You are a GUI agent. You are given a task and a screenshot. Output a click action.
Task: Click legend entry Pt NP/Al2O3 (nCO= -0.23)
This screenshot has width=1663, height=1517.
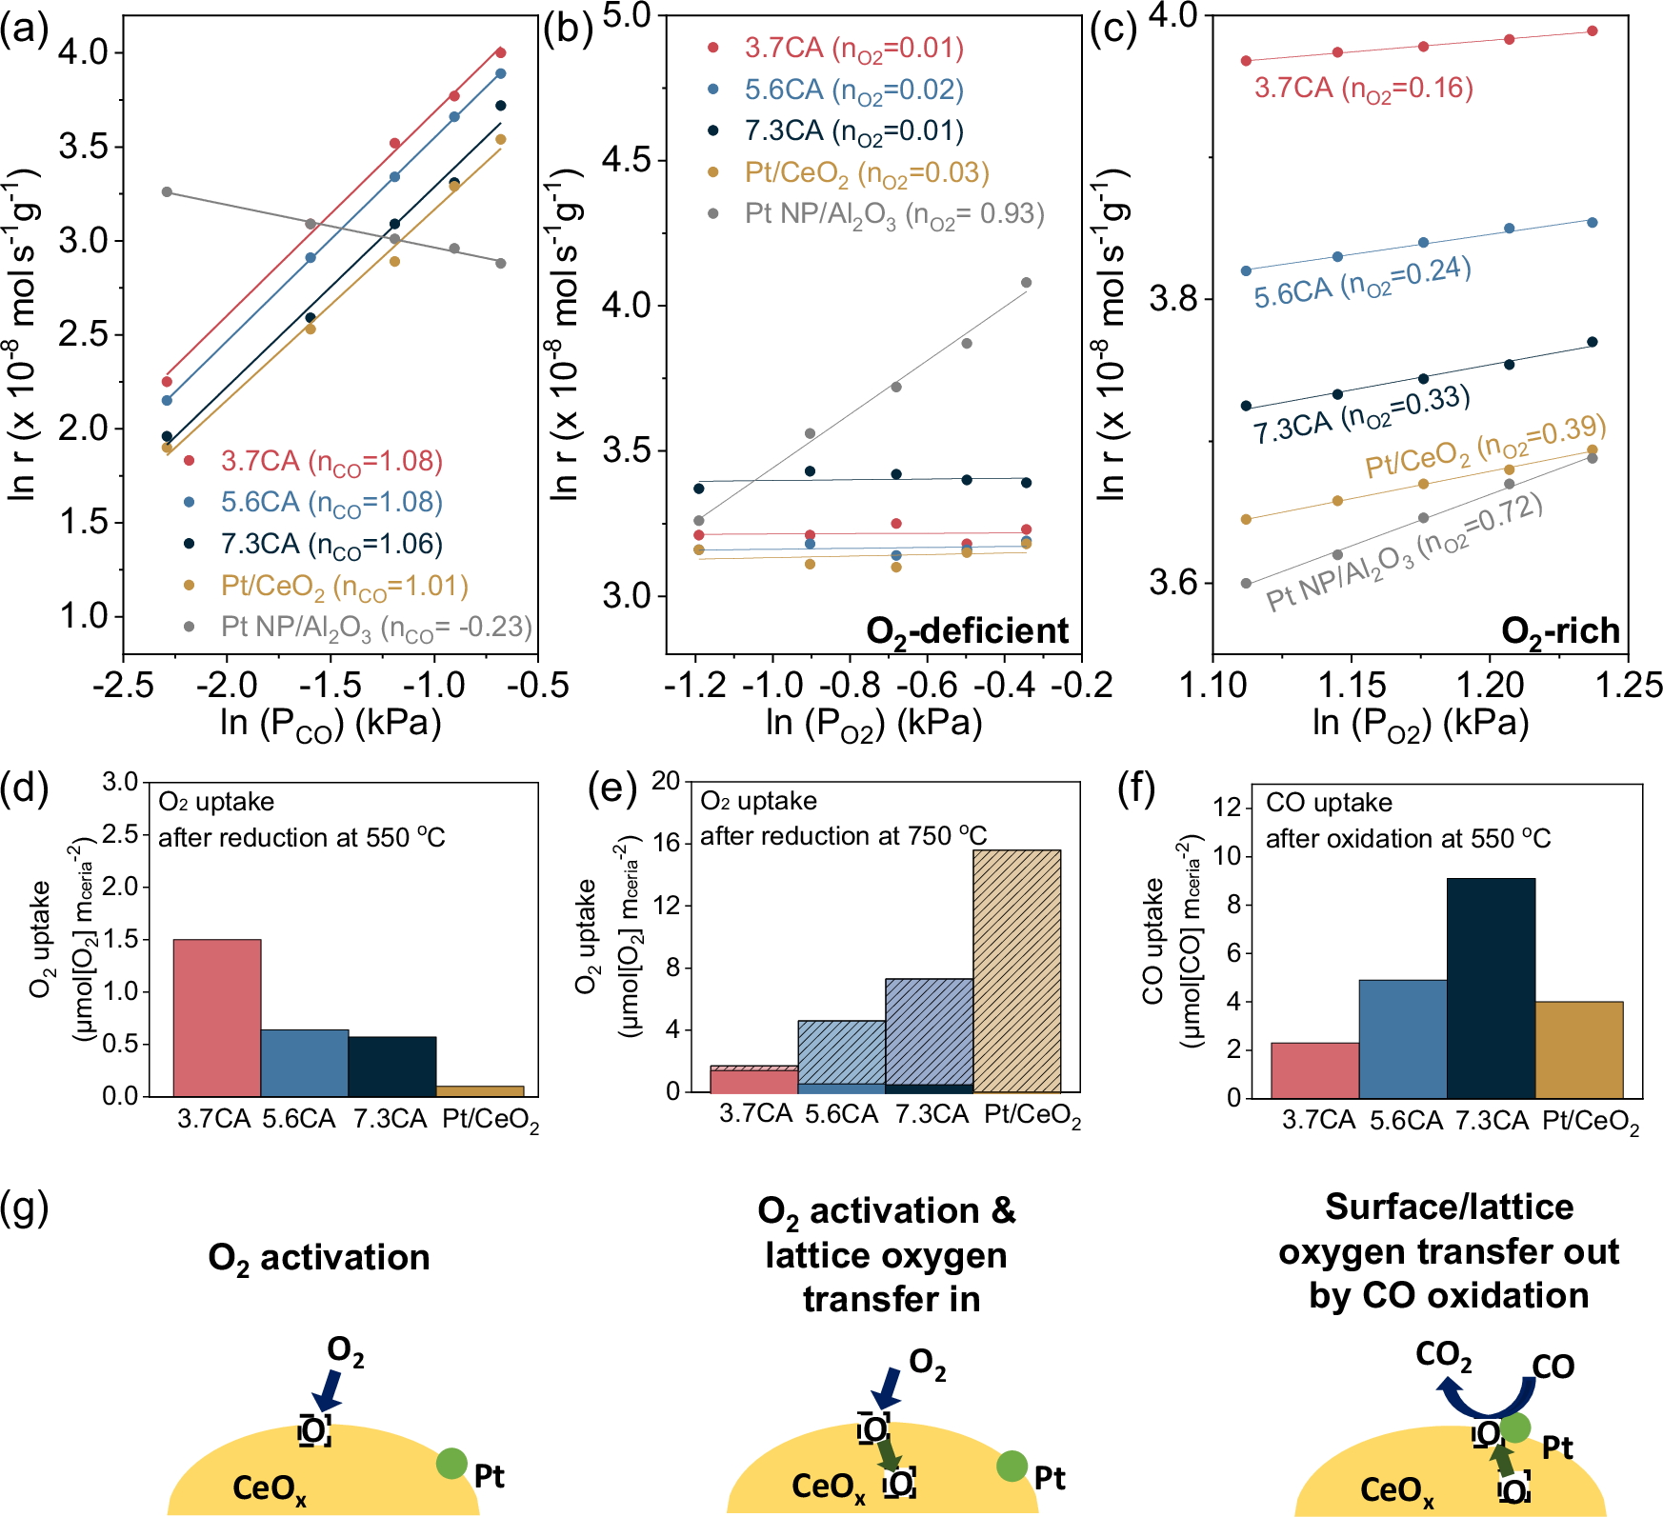click(375, 628)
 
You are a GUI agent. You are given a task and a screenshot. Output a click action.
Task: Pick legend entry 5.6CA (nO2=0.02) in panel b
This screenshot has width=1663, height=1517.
click(852, 90)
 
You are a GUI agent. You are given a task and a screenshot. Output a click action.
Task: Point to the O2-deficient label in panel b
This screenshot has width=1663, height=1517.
click(967, 631)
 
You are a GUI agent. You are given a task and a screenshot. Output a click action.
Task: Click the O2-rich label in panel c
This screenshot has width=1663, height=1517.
click(1559, 631)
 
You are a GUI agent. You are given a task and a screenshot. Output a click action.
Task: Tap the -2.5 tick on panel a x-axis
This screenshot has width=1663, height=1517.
click(124, 685)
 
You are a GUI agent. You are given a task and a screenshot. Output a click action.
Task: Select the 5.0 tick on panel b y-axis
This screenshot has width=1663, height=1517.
click(627, 15)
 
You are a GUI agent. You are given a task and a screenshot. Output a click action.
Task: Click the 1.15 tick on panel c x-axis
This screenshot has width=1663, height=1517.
click(1352, 685)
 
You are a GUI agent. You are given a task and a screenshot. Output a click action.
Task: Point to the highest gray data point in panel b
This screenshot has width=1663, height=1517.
click(1026, 283)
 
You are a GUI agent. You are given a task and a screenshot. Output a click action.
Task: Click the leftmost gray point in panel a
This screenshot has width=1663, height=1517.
click(167, 192)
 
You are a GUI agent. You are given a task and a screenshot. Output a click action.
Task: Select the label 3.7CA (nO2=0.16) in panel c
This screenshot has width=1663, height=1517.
click(1363, 89)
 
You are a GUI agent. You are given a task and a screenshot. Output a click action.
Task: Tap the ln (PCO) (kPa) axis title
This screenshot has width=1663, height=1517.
click(330, 724)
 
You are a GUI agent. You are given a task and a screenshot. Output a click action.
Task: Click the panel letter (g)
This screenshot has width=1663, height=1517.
click(25, 1208)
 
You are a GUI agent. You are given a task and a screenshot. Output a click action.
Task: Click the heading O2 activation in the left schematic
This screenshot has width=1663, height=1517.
click(318, 1258)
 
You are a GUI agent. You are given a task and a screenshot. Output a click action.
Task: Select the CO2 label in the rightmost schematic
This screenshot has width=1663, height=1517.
click(1443, 1355)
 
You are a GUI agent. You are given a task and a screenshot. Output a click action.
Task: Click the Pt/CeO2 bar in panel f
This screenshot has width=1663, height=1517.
click(1578, 1049)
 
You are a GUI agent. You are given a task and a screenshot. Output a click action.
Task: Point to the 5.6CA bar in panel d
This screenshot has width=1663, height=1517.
click(304, 1062)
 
